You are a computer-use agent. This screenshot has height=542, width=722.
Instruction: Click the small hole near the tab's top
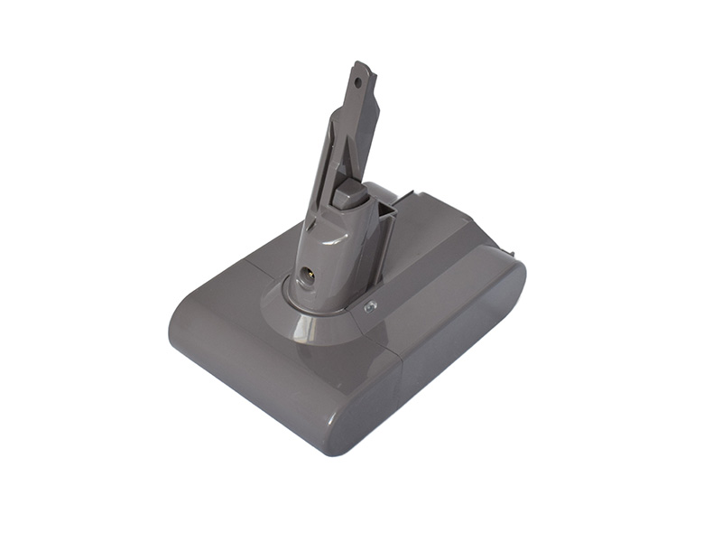[358, 81]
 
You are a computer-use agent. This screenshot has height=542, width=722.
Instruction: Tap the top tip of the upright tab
[364, 66]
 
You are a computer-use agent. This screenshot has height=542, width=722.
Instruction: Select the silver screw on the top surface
[369, 308]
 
